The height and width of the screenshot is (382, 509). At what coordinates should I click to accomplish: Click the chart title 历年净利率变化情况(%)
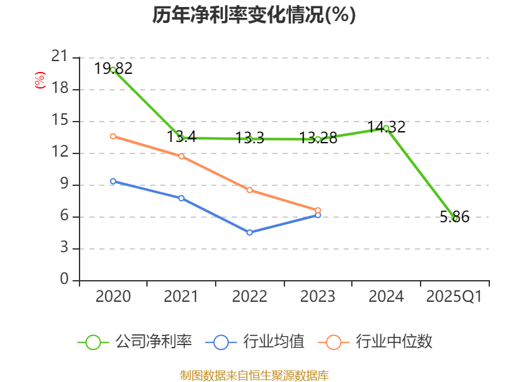coord(254,15)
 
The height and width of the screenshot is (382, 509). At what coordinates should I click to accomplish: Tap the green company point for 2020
coord(113,69)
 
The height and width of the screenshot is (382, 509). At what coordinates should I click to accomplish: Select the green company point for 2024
coord(386,128)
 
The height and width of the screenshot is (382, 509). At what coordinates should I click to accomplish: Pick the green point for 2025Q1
coord(455,218)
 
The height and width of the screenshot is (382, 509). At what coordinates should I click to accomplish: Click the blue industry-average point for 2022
coord(249,232)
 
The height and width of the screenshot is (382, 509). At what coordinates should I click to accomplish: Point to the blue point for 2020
coord(113,181)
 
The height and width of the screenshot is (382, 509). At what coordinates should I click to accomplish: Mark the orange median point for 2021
coord(181,156)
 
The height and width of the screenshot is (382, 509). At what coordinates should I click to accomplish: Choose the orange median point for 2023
coord(318,210)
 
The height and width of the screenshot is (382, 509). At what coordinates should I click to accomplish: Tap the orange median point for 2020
coord(113,136)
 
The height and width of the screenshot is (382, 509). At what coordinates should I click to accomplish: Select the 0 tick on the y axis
coord(64,280)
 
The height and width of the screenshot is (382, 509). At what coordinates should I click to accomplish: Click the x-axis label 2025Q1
coord(454,297)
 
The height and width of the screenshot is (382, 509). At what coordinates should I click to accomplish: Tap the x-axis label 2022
coord(249,297)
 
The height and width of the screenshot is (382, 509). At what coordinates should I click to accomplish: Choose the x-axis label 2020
coord(113,297)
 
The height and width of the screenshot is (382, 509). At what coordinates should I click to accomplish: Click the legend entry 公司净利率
coord(135,342)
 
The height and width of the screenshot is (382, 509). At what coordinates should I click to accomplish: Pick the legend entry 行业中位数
coord(379,342)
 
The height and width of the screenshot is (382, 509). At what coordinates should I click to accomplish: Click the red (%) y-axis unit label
coord(39,81)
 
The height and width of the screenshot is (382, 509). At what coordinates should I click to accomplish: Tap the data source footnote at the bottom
coord(254,375)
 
